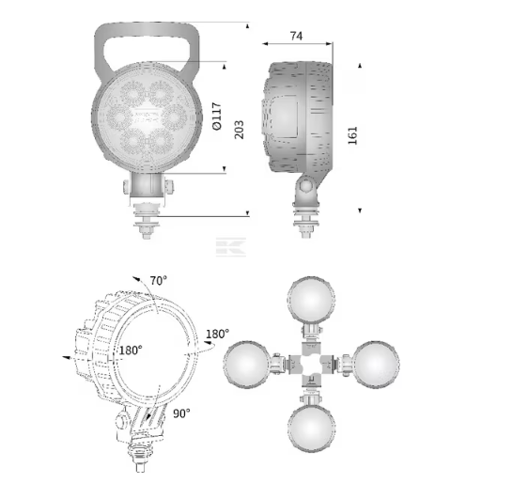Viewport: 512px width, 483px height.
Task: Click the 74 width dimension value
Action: [296, 36]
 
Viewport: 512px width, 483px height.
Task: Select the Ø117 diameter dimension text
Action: [217, 116]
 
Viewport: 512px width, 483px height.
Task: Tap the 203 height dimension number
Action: [240, 130]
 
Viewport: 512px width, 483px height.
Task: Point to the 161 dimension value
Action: [352, 135]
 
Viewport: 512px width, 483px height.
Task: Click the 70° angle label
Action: [159, 280]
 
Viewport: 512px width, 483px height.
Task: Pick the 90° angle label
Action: [181, 413]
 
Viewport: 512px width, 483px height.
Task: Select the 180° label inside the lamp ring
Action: [131, 351]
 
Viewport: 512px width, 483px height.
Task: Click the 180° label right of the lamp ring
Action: [217, 334]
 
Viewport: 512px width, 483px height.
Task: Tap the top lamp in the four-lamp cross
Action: [311, 300]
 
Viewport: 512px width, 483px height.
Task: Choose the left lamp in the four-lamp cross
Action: [247, 365]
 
